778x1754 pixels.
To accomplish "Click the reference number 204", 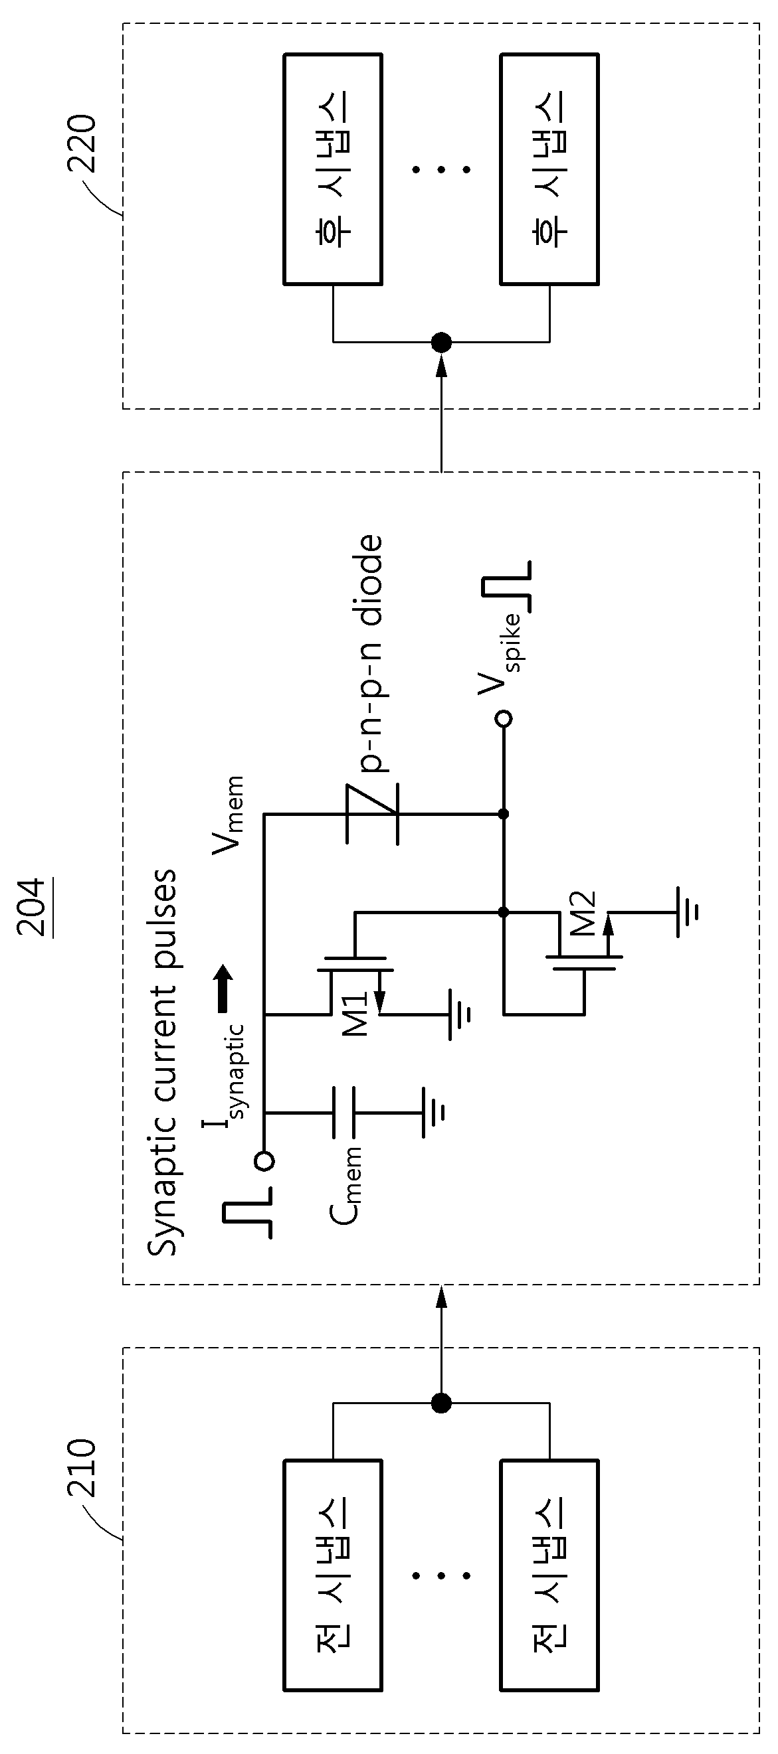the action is pos(32,908).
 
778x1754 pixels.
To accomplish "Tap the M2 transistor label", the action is pos(583,914).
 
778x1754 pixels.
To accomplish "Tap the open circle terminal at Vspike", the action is pos(504,718).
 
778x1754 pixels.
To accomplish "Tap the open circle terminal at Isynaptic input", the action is pos(264,1161).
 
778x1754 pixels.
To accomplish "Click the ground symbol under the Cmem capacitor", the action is pos(433,1113).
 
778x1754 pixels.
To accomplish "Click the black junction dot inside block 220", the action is pos(441,342).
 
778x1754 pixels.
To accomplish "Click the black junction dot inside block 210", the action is pos(441,1403).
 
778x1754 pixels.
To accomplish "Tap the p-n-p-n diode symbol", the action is pos(371,815).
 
